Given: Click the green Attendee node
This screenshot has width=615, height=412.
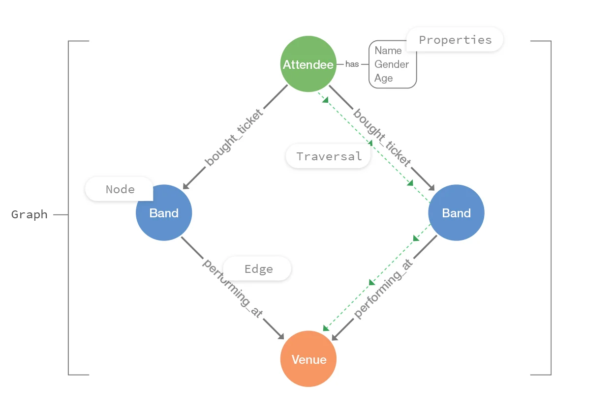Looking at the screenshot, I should pos(308,64).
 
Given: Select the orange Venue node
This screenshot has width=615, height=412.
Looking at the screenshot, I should pos(308,359).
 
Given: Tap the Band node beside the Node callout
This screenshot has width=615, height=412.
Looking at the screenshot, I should pos(164,213).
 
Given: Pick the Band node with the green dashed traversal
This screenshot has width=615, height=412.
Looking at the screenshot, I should pos(456,213).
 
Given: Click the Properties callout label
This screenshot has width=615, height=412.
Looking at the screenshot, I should pos(455,40).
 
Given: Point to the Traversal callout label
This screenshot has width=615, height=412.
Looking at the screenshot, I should pos(329,156).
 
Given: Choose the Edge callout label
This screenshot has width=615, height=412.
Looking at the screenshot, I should pos(258,269).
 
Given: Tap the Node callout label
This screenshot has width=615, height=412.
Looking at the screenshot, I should pos(120,189).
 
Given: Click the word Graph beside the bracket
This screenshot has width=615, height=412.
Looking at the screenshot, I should pos(30,214).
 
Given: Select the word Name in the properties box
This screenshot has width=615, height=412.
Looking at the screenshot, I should pos(388,50).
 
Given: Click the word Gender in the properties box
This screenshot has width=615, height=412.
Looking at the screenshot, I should pos(392,64).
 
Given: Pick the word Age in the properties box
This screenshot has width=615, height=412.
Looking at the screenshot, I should pos(384,78).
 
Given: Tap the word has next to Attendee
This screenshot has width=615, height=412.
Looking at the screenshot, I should pos(352,64).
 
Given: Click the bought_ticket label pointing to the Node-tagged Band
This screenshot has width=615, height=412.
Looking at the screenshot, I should pos(233,137).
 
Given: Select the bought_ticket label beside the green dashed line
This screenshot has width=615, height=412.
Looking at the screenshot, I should pos(382,139).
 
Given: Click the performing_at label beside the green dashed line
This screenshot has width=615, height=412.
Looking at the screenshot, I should pos(383,289).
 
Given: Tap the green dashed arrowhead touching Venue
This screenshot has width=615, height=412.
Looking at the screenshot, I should pos(326,328).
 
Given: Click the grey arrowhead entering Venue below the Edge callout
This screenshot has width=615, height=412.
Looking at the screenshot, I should pos(281,336).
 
